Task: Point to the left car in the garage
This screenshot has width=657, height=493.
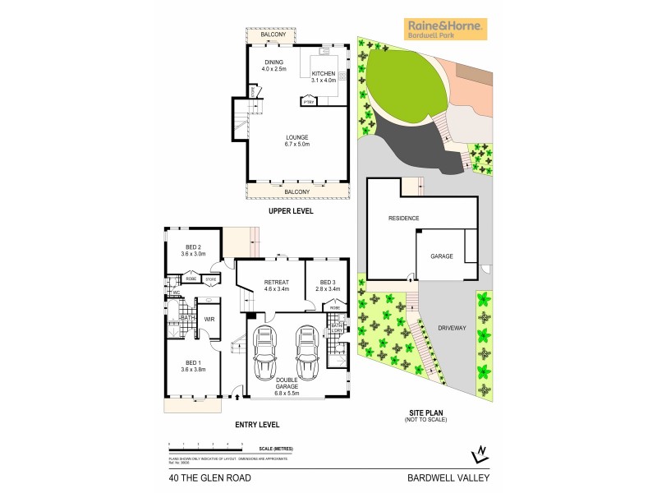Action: coord(266,353)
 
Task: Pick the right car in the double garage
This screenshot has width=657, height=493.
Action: coord(306,353)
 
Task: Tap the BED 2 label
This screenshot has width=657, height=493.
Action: coord(193,251)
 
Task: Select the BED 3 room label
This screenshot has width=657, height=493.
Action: coord(327,285)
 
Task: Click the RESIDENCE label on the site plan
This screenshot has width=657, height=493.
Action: coord(404,218)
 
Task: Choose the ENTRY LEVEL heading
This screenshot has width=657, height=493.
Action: coord(258,425)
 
